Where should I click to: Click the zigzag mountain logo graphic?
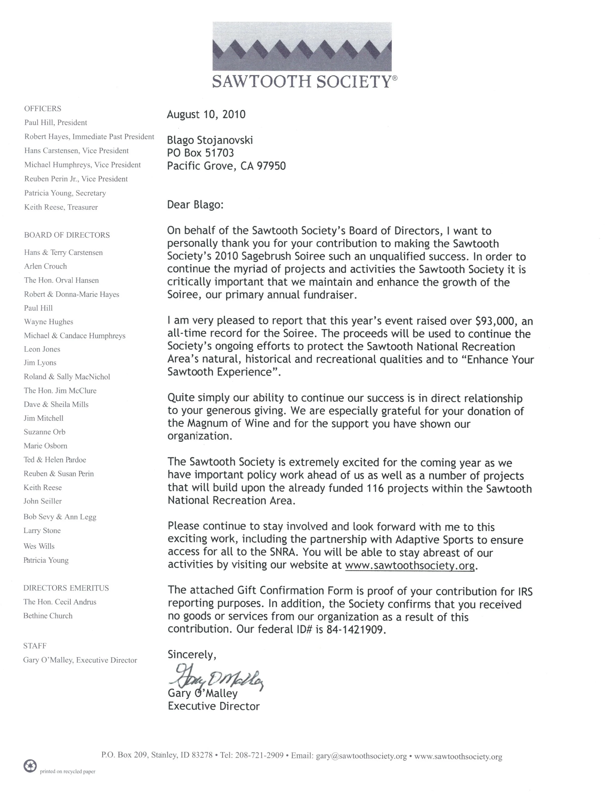[302, 47]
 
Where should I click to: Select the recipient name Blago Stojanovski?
[210, 140]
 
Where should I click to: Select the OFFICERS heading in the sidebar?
[43, 108]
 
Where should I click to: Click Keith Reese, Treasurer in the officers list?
[61, 207]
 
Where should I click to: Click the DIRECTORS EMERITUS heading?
[66, 588]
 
